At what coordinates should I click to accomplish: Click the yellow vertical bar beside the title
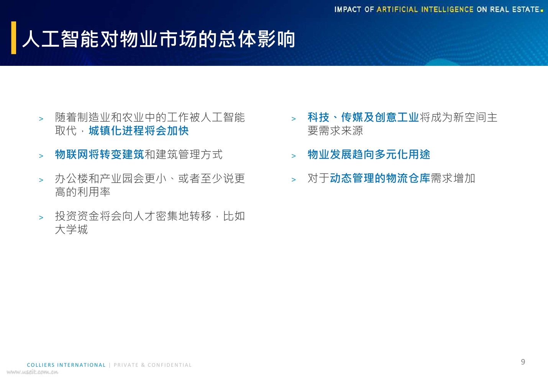coord(14,38)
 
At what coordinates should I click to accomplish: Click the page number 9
coord(523,362)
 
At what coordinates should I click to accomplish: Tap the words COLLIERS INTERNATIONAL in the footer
coord(66,365)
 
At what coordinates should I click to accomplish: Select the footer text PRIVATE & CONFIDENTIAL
coord(153,365)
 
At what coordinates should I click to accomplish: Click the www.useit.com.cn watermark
coord(33,372)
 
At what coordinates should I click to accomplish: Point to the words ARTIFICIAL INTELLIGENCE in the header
coord(425,10)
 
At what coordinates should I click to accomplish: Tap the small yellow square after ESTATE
coord(542,11)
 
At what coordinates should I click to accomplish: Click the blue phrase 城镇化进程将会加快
coord(139,131)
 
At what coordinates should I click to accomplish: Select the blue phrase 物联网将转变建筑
coord(100,155)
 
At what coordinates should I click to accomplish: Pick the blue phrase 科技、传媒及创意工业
coord(363,118)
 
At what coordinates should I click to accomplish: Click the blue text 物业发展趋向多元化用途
coord(369,155)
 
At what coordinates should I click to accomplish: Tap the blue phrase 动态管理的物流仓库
coord(380,178)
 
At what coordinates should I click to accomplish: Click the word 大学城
coord(72,230)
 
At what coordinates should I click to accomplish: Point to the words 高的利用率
coord(83,192)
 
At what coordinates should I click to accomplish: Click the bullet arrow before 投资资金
coord(41,218)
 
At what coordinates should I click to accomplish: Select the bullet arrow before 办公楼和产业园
coord(41,180)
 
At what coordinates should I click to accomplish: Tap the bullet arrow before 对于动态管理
coord(294,180)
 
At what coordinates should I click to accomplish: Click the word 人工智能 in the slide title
coord(61,39)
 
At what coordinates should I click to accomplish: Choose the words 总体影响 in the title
coord(257,39)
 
